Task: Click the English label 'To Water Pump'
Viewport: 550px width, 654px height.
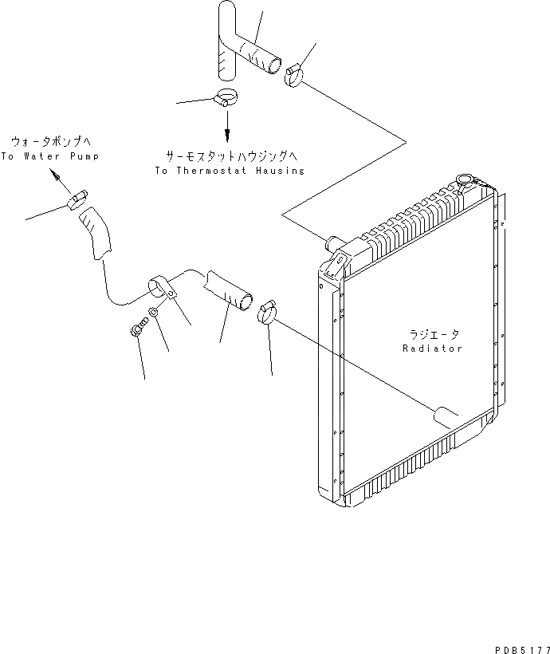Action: [49, 156]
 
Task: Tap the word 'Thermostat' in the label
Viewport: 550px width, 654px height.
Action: [214, 171]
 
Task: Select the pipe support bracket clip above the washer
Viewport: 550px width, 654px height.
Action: [160, 286]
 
